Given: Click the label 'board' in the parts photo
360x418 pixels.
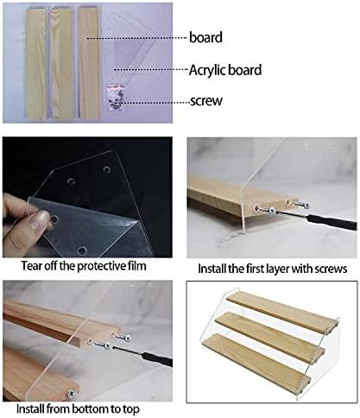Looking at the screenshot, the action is [205, 38].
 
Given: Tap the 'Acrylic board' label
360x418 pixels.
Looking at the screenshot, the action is [225, 70].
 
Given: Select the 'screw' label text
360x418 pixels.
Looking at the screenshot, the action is [206, 101].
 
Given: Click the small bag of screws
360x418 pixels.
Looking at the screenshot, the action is [115, 97].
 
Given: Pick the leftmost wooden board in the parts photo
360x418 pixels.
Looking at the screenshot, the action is [35, 62].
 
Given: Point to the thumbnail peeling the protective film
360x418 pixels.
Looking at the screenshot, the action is [87, 197].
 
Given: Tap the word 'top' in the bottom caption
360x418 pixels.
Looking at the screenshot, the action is [131, 409].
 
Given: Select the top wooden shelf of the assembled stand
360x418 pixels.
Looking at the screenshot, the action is [281, 308].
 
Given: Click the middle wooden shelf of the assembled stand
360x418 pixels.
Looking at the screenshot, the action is [269, 332].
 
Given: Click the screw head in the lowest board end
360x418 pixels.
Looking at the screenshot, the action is [70, 393].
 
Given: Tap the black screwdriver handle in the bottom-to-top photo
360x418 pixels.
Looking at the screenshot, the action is [158, 358].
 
